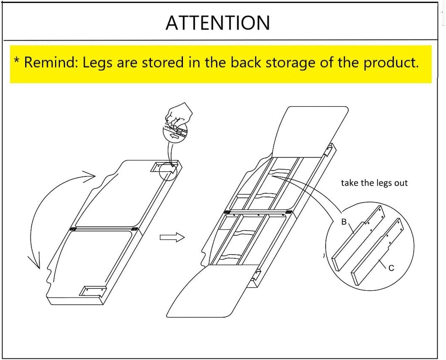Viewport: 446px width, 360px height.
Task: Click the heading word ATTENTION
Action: [x=218, y=23]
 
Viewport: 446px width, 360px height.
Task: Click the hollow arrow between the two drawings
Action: [x=172, y=237]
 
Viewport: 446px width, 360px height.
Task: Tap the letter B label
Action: [x=344, y=222]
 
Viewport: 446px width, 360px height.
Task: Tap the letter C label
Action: [x=392, y=268]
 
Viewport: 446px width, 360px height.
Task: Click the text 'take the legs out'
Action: [x=374, y=183]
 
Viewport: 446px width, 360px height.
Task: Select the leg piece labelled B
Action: [x=358, y=238]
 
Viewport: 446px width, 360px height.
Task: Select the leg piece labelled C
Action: [x=378, y=251]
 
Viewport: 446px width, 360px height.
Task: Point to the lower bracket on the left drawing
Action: [x=93, y=291]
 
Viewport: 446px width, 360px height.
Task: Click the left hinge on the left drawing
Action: [x=73, y=228]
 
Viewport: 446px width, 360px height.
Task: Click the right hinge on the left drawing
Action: [x=135, y=229]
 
